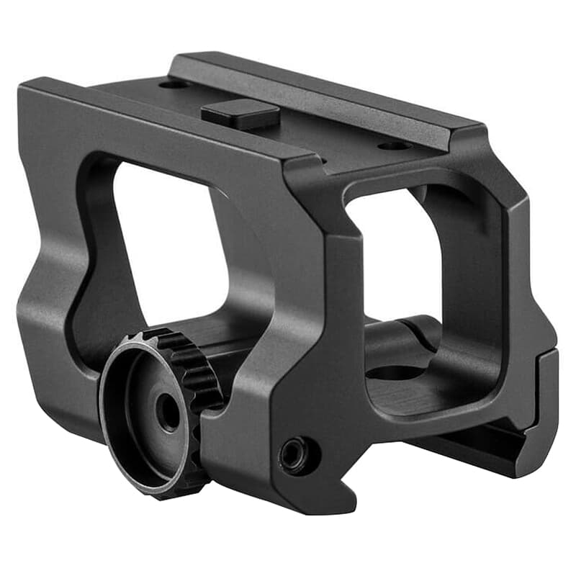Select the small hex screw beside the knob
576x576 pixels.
[x=296, y=455]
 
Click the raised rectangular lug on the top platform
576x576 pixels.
[x=240, y=114]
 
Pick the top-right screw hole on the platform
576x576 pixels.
[x=395, y=146]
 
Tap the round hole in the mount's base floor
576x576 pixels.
[x=395, y=373]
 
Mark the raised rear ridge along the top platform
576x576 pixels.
[x=324, y=90]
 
